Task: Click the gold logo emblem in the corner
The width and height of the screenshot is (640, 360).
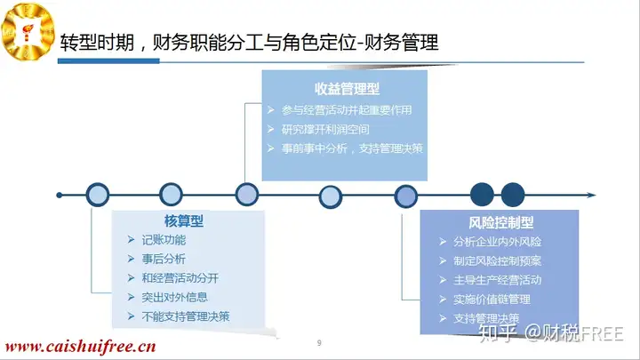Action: click(x=28, y=31)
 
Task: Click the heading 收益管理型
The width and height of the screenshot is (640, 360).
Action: click(x=347, y=89)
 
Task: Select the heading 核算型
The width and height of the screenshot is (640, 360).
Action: click(x=184, y=220)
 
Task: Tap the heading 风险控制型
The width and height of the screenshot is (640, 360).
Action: click(x=500, y=222)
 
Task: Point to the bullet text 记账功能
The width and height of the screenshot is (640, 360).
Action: click(x=164, y=240)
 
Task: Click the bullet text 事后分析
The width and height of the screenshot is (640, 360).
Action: click(x=164, y=259)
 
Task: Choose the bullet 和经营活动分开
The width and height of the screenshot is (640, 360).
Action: click(x=180, y=278)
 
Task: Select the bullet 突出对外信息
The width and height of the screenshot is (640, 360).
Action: click(x=175, y=297)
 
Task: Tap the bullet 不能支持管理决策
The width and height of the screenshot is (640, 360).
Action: click(x=186, y=316)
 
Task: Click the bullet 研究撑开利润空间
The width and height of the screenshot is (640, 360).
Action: click(x=325, y=130)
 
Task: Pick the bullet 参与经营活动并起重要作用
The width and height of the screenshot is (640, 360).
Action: click(x=347, y=110)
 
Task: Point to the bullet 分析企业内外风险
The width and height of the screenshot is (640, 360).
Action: click(x=497, y=242)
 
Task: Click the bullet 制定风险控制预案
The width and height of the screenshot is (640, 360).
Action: click(x=497, y=260)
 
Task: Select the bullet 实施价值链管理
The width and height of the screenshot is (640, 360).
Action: click(x=492, y=300)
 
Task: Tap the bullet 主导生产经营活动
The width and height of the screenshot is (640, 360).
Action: click(x=497, y=280)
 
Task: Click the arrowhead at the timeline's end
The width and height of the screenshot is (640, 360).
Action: click(x=591, y=195)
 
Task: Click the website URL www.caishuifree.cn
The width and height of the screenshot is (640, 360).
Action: click(x=80, y=347)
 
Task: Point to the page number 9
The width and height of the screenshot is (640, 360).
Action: click(x=319, y=343)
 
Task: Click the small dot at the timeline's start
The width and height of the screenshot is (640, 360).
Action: click(x=60, y=195)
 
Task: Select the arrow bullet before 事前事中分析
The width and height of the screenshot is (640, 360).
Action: click(x=270, y=148)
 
